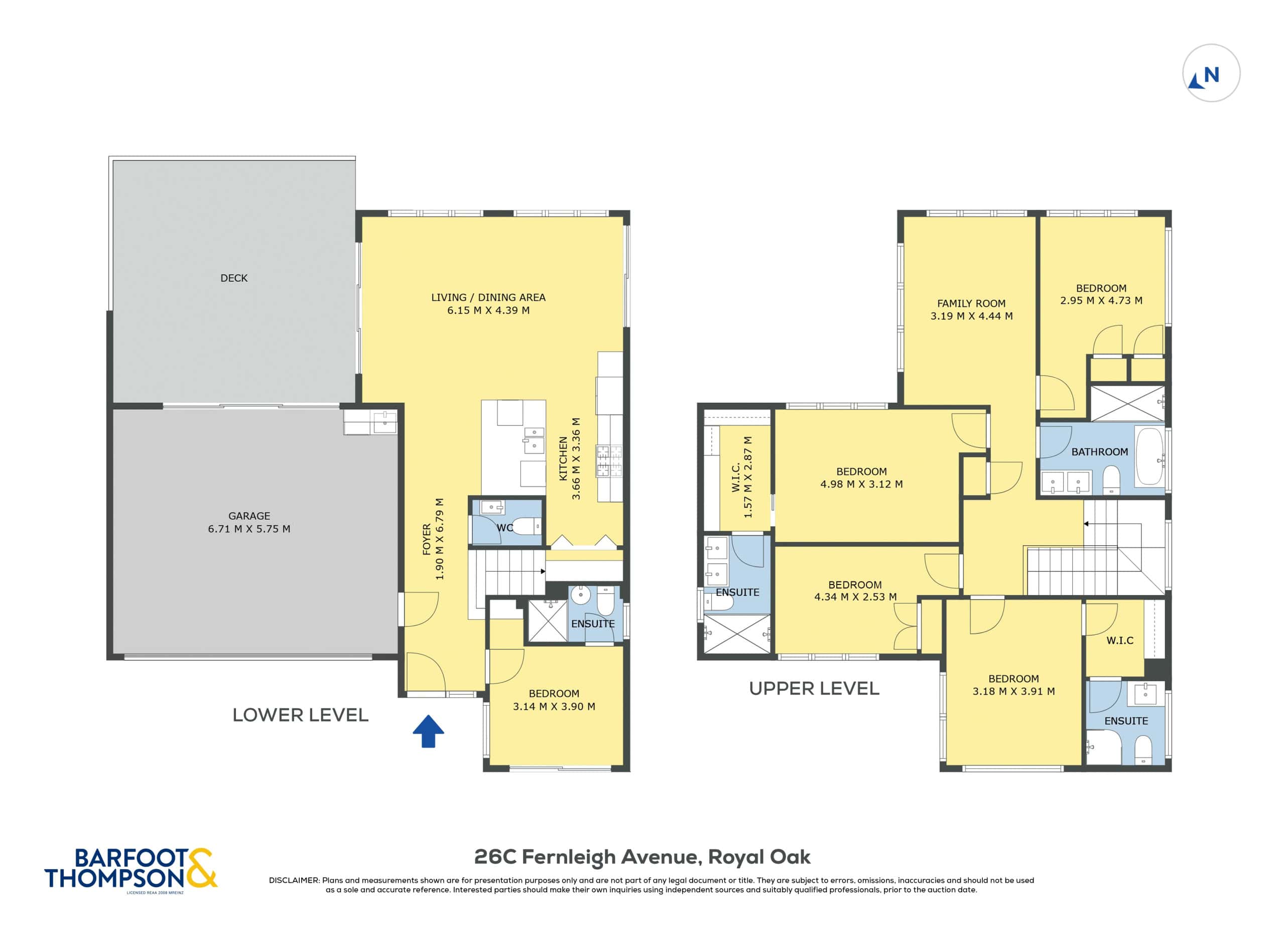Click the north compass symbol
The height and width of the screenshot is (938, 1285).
click(x=1211, y=73)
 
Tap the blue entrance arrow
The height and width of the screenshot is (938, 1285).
click(x=428, y=731)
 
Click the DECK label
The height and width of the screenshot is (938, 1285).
click(x=234, y=278)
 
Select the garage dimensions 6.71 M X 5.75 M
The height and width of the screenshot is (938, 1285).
click(x=249, y=529)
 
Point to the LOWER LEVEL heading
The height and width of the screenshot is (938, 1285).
click(x=300, y=715)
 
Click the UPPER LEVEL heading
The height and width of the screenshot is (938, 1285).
click(x=814, y=688)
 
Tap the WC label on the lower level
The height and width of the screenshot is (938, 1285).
click(x=504, y=527)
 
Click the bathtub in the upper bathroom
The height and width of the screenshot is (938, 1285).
click(x=1149, y=456)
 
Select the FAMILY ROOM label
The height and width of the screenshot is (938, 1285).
click(x=971, y=304)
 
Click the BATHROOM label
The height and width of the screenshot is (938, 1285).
click(x=1099, y=452)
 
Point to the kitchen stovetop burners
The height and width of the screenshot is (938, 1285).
click(x=609, y=461)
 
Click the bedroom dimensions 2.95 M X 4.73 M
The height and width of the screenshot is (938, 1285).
click(x=1101, y=300)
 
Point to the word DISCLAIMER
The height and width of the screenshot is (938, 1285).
click(x=294, y=880)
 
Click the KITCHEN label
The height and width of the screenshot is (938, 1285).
click(x=563, y=459)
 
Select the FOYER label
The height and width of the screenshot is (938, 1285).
click(x=427, y=539)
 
